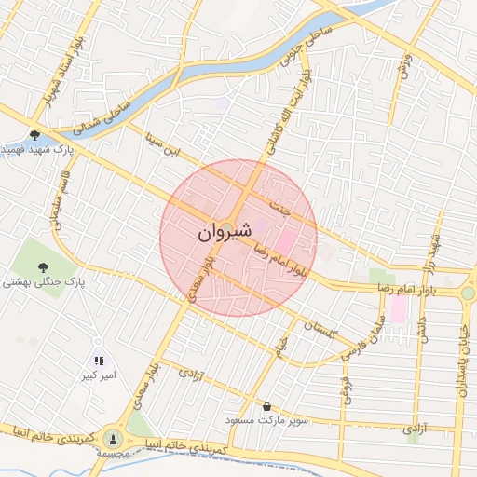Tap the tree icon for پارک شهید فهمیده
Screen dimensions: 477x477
35,135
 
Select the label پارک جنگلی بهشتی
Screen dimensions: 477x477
43,280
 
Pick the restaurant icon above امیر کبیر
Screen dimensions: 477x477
98,361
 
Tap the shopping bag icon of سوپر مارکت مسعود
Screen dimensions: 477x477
268,406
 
